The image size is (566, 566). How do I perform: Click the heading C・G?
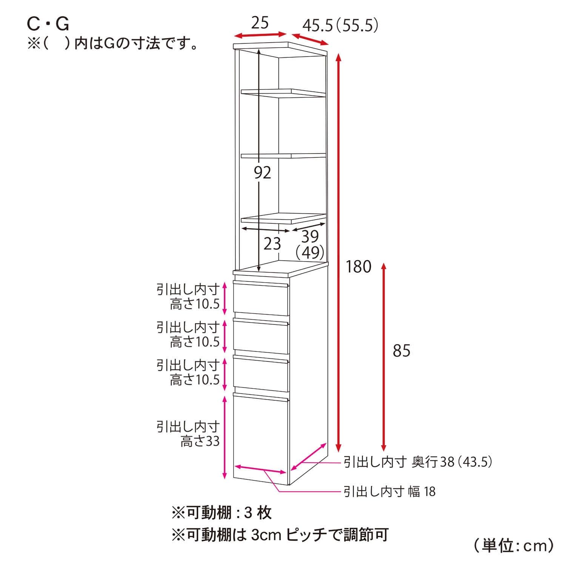point(48,25)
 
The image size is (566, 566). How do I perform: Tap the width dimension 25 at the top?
point(260,23)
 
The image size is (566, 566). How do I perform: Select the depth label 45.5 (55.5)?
point(340,26)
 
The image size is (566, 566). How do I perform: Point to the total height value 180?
point(358,267)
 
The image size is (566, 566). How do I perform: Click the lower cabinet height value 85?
point(401,351)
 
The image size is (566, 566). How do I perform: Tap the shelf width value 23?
point(272,244)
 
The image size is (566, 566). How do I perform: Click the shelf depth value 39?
point(310,237)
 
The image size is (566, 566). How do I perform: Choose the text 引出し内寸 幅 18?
point(389,491)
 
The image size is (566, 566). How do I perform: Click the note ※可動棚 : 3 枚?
point(221,513)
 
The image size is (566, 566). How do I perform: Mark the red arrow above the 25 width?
point(260,35)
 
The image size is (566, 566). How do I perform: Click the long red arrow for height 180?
point(338,253)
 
